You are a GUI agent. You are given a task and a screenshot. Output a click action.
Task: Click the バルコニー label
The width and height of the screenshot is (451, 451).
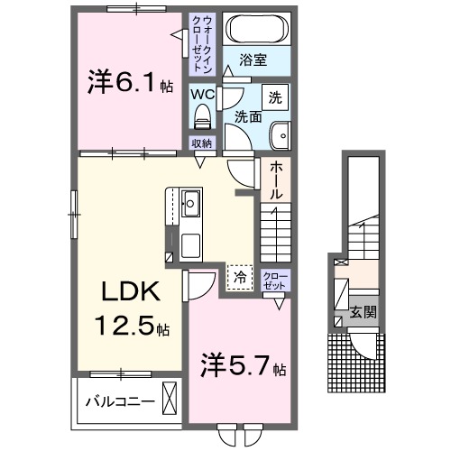[x=116, y=399]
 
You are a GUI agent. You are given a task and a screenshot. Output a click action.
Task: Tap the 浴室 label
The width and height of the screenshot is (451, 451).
[x=253, y=62]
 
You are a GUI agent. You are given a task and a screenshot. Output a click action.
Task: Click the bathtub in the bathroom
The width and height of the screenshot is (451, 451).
[x=253, y=29]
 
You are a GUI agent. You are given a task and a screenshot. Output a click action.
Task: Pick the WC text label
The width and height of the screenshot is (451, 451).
[x=200, y=92]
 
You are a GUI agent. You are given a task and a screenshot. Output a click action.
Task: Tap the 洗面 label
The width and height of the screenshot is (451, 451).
[x=249, y=116]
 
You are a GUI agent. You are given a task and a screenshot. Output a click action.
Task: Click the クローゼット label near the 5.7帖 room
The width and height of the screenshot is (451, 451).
[x=273, y=280]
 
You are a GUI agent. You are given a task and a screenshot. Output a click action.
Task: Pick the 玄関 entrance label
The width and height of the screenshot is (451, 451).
[x=364, y=314]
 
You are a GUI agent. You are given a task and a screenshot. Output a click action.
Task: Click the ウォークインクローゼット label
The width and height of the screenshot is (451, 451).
[x=200, y=43]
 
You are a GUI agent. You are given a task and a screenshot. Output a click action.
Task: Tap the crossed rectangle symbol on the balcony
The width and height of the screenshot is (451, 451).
[x=170, y=397]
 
